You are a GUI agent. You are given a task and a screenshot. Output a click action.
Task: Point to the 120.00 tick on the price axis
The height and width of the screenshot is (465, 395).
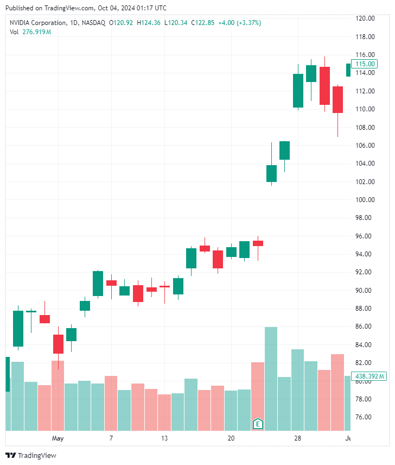365,18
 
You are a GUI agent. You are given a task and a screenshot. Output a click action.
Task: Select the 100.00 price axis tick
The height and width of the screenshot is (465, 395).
365,199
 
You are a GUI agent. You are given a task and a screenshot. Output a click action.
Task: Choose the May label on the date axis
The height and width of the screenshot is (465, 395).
58,438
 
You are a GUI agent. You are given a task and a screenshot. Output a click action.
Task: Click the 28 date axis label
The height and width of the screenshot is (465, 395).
297,438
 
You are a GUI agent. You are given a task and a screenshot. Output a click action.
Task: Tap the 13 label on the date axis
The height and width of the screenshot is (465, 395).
164,438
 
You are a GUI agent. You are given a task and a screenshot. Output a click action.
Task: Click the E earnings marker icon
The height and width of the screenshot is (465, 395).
258,423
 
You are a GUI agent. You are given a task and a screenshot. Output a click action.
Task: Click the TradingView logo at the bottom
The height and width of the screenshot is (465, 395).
31,455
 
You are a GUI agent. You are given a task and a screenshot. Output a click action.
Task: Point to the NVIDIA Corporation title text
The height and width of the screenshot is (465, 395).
37,23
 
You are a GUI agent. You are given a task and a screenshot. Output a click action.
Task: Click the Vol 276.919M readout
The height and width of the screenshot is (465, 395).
30,32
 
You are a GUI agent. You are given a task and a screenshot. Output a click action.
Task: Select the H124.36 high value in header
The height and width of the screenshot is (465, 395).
148,23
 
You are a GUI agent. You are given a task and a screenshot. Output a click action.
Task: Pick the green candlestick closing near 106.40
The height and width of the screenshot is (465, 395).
284,150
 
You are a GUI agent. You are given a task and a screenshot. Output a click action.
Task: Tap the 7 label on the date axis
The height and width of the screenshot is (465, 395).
111,438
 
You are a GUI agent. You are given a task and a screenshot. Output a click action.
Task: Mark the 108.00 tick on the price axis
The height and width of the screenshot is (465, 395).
365,127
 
